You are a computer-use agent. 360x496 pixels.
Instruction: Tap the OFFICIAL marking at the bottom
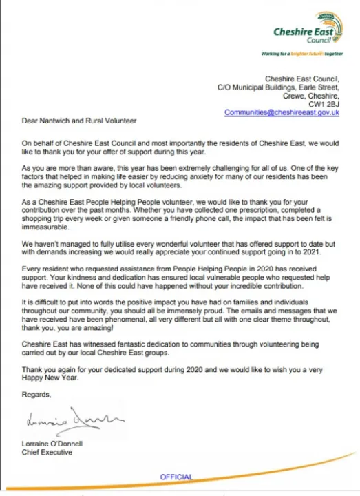177,477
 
